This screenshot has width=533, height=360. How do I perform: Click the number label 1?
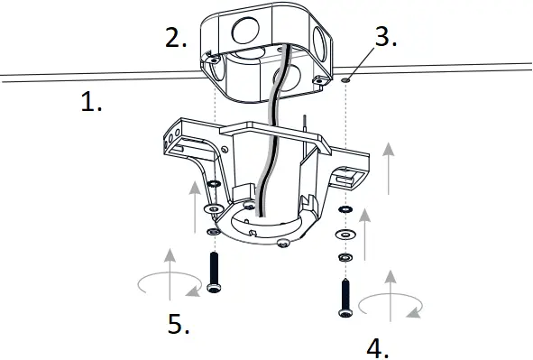tap(91, 103)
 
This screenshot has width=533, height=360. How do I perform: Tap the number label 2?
tap(176, 38)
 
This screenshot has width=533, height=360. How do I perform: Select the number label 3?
tap(386, 37)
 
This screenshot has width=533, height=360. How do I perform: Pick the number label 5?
tap(178, 323)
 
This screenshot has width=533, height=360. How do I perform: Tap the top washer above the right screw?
tap(346, 210)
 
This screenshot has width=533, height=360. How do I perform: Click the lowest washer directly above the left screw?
tap(213, 231)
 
